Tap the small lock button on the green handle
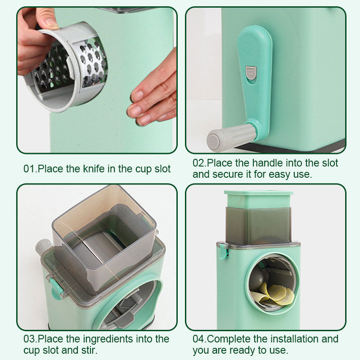[251, 72]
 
